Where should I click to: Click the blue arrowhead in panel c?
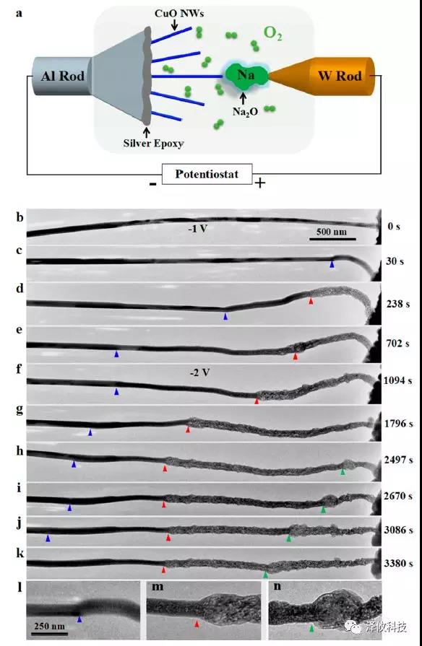[332, 266]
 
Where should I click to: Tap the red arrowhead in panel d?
[311, 301]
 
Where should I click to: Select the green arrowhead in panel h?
[343, 471]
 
